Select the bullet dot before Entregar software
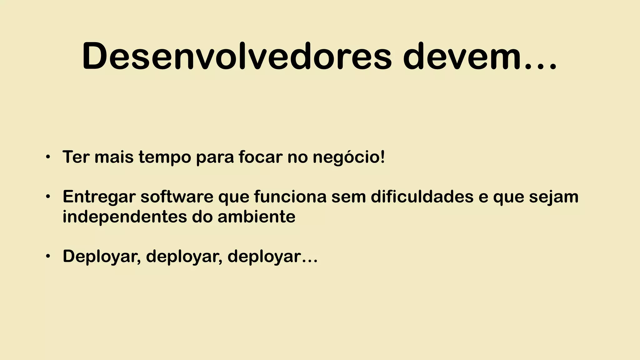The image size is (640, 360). pyautogui.click(x=47, y=197)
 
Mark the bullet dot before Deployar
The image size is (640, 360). pyautogui.click(x=47, y=256)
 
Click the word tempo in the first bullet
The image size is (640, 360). pyautogui.click(x=165, y=157)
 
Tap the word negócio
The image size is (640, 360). pyautogui.click(x=345, y=157)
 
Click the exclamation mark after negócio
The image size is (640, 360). pyautogui.click(x=382, y=157)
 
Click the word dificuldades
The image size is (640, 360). pyautogui.click(x=422, y=197)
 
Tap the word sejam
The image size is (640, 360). pyautogui.click(x=553, y=197)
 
